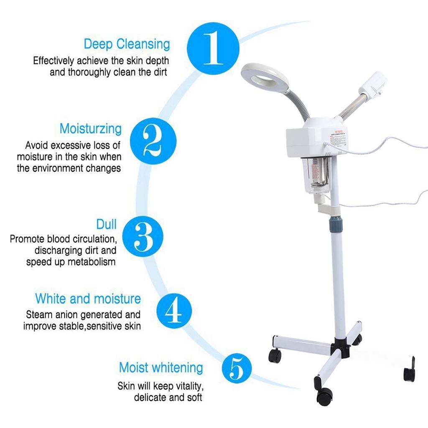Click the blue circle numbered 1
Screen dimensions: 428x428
213,49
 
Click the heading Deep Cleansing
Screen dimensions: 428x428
127,44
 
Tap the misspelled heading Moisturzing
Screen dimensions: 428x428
90,129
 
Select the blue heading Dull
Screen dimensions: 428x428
106,224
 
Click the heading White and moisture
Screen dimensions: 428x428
88,299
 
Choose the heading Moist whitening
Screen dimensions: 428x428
161,368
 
